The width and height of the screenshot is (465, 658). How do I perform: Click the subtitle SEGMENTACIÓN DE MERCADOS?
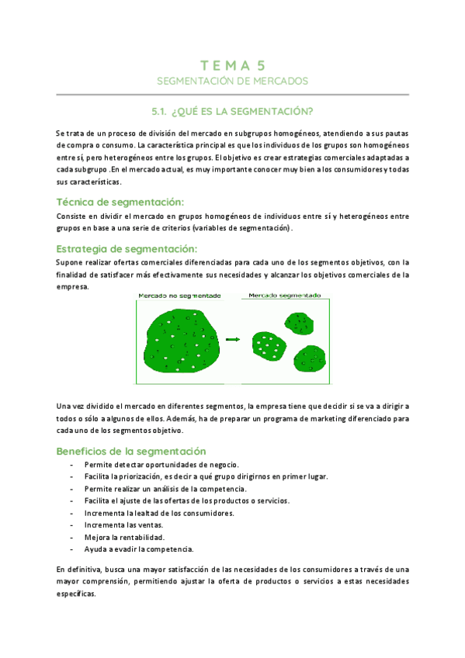pyautogui.click(x=232, y=81)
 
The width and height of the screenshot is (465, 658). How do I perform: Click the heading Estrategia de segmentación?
pyautogui.click(x=127, y=249)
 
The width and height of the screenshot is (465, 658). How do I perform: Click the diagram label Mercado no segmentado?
pyautogui.click(x=179, y=296)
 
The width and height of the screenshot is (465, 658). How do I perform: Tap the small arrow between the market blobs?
pyautogui.click(x=231, y=339)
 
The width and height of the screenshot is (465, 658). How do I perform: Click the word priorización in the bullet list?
pyautogui.click(x=150, y=476)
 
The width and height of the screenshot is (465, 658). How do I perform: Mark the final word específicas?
pyautogui.click(x=76, y=594)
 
